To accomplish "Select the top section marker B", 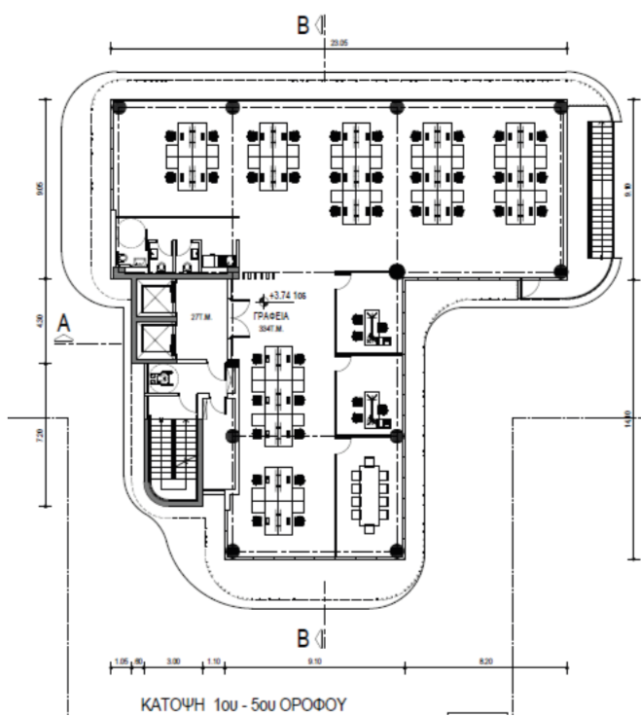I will [x=304, y=25].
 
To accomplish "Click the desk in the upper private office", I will [x=370, y=326].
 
